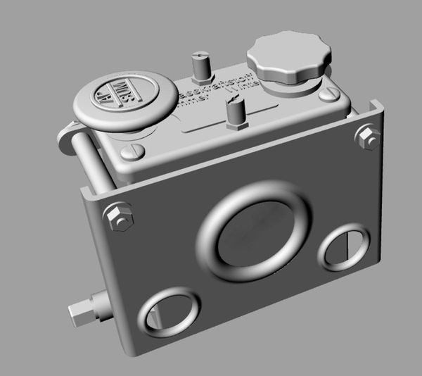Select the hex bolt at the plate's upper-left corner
pyautogui.click(x=118, y=216)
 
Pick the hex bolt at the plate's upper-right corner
pyautogui.click(x=368, y=137)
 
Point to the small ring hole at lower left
pyautogui.click(x=169, y=311)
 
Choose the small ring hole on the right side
pyautogui.click(x=344, y=247)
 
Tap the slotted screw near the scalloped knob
pyautogui.click(x=329, y=94)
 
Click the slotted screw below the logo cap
pyautogui.click(x=134, y=151)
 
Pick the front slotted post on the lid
pyautogui.click(x=234, y=113)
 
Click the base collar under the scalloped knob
pyautogui.click(x=290, y=84)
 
